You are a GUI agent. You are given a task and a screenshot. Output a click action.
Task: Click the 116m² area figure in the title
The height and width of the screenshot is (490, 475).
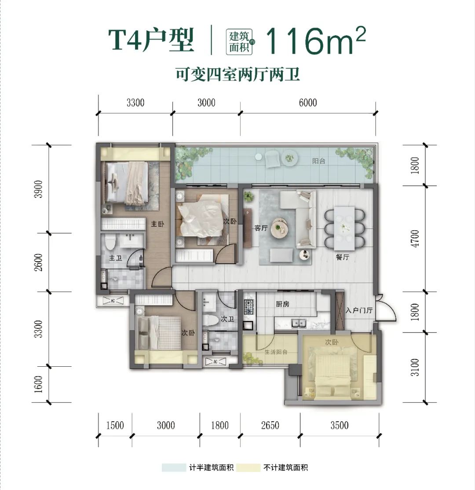315,41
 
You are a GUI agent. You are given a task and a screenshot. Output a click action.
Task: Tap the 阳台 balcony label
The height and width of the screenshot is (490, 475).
318,161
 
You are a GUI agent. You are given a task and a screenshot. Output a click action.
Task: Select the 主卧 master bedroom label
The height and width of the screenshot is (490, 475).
157,224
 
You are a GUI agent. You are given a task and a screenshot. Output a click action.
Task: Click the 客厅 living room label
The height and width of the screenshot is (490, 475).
261,228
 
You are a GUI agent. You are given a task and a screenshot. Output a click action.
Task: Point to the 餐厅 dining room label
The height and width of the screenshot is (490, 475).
342,257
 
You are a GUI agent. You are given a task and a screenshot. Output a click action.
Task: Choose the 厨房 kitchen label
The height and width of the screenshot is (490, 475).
282,304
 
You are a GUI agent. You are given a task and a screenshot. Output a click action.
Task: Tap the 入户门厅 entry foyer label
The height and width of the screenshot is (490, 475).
359,310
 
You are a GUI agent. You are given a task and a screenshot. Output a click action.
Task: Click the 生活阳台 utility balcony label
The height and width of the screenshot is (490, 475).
276,352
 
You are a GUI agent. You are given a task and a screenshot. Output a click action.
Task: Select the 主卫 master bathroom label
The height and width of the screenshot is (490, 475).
116,258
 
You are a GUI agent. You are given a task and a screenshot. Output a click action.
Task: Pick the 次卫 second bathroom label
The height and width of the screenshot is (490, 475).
227,319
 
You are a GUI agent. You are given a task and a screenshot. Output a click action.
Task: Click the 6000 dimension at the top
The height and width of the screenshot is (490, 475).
308,103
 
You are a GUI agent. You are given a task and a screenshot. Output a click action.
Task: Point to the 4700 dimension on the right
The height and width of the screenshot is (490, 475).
415,239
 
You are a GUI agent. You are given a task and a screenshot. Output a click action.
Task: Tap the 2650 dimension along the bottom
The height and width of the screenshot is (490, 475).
270,425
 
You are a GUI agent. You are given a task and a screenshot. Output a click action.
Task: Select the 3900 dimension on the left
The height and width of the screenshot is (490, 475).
38,189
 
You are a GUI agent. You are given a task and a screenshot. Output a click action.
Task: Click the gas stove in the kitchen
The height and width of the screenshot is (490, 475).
249,307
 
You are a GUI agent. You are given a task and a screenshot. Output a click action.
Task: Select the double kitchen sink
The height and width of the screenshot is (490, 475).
299,323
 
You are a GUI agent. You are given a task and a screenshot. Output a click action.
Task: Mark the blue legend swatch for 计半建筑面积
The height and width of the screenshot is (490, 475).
174,468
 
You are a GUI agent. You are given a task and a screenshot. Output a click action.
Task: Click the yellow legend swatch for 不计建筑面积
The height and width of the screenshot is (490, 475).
248,468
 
